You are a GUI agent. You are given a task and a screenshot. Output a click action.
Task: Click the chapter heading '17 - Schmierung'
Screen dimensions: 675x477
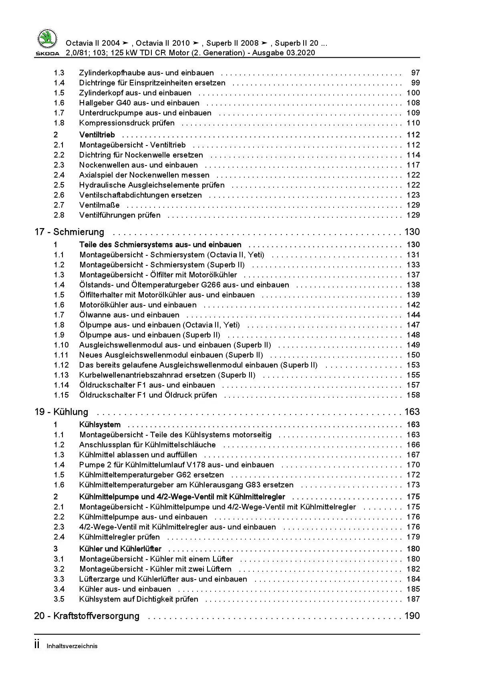coord(69,232)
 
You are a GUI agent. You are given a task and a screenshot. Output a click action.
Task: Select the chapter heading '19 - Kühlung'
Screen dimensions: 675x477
coord(61,412)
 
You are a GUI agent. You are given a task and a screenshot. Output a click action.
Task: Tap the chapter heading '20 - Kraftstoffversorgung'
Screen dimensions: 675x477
coord(87,616)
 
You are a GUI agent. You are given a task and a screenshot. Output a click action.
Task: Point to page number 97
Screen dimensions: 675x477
coord(415,73)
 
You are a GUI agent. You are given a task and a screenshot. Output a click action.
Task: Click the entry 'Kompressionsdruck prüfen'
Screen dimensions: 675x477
coord(127,123)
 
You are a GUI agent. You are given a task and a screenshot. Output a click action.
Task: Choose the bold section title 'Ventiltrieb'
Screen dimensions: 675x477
coord(97,135)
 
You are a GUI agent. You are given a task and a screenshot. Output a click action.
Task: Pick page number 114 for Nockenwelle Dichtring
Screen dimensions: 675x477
coord(413,155)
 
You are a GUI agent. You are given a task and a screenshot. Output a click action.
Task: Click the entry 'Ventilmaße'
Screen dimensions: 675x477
coord(99,205)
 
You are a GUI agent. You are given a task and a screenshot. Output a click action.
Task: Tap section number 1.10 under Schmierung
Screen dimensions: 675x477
coord(61,345)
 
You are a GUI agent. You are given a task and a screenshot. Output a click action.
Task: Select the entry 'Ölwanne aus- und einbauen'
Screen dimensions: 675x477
coord(129,315)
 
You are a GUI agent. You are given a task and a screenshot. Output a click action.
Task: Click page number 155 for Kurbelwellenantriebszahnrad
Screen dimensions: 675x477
coord(413,375)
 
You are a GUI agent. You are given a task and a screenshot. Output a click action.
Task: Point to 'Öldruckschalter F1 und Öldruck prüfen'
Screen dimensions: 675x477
coord(148,395)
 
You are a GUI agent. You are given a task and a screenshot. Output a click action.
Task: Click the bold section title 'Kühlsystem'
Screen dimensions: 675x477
coord(100,425)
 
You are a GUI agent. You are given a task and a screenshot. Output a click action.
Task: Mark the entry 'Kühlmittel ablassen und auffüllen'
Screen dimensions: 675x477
coord(138,455)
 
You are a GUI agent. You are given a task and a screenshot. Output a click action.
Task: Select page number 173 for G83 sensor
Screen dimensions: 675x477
coord(413,485)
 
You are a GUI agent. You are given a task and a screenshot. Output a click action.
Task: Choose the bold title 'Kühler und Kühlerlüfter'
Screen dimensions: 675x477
coord(120,549)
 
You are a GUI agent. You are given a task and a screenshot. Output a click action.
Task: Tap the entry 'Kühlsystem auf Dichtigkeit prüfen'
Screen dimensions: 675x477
coord(139,599)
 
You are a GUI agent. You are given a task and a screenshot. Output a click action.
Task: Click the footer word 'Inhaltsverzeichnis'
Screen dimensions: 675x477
coord(72,646)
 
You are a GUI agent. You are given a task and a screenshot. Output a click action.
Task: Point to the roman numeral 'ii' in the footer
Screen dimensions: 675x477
coord(37,645)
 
